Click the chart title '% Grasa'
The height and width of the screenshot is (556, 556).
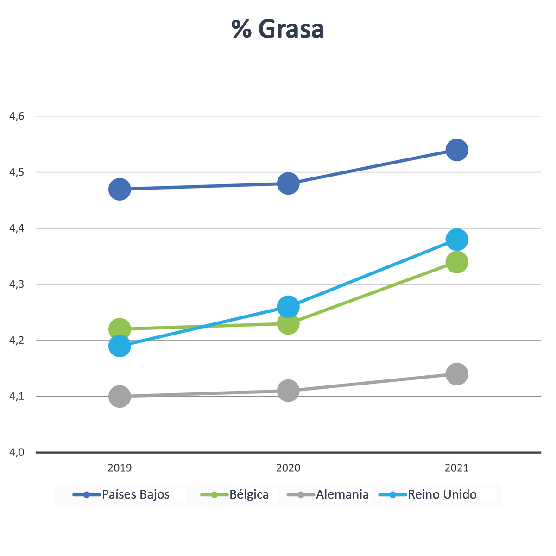pyautogui.click(x=278, y=29)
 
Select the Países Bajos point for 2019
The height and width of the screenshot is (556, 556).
pyautogui.click(x=120, y=189)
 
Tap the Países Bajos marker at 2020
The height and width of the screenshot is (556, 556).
pyautogui.click(x=288, y=183)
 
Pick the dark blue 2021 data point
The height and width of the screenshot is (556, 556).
pyautogui.click(x=457, y=150)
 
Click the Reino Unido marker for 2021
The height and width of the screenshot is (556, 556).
pyautogui.click(x=457, y=240)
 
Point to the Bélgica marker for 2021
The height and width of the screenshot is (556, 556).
pyautogui.click(x=457, y=262)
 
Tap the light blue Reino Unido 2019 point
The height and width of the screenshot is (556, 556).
pyautogui.click(x=120, y=346)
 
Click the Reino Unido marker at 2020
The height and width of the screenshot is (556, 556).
pyautogui.click(x=288, y=306)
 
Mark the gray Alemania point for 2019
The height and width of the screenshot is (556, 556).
pyautogui.click(x=120, y=397)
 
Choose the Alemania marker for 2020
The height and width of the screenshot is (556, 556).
pyautogui.click(x=288, y=391)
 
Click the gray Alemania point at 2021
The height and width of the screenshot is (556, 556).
pyautogui.click(x=457, y=374)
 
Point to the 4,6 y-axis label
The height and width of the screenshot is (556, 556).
pyautogui.click(x=17, y=116)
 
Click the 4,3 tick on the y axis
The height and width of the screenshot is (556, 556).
pyautogui.click(x=17, y=284)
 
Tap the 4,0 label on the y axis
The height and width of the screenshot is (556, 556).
pyautogui.click(x=17, y=452)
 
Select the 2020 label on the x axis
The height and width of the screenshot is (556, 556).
pyautogui.click(x=288, y=468)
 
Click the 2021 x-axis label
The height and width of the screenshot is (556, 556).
pyautogui.click(x=457, y=468)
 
